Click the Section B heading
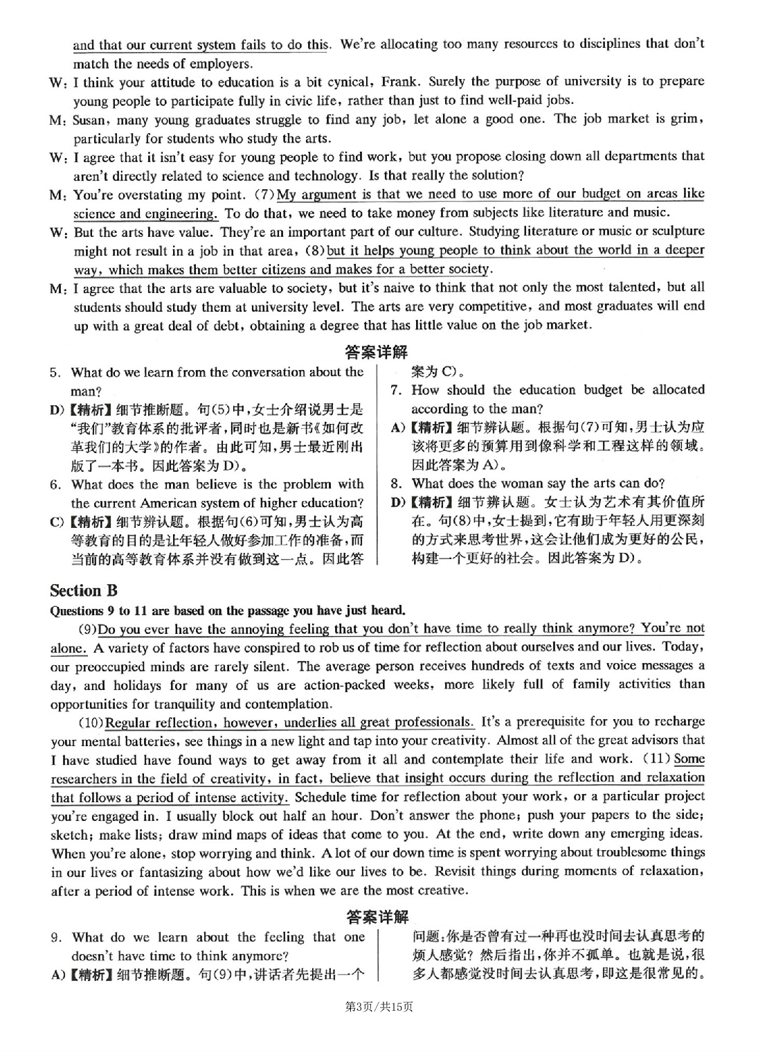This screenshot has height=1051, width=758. click(x=84, y=590)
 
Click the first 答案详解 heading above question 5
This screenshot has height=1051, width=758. click(x=377, y=352)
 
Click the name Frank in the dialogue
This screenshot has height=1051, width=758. click(x=397, y=82)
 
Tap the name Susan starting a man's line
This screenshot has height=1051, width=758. click(x=91, y=120)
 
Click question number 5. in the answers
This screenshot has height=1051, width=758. click(x=56, y=373)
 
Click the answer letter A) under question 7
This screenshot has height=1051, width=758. click(x=398, y=427)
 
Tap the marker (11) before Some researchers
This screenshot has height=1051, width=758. click(x=655, y=759)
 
